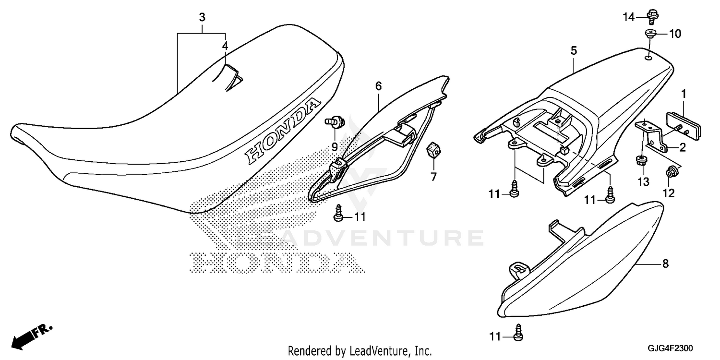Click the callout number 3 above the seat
(202, 18)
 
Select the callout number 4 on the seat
(225, 46)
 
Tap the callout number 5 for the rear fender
(574, 50)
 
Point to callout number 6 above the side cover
(378, 86)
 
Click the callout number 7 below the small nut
(433, 177)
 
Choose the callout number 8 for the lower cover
(665, 264)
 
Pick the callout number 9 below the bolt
(335, 146)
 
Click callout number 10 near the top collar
(675, 34)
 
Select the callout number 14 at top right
(629, 18)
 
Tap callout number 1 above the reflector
(684, 93)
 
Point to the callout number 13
(643, 181)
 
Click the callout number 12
(669, 193)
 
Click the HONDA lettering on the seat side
(282, 130)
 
